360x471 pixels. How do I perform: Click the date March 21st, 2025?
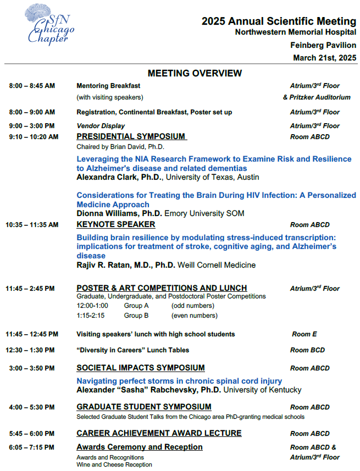pos(324,58)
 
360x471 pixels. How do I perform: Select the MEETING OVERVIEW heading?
pos(195,73)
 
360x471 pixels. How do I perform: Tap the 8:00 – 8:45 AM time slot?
pos(32,86)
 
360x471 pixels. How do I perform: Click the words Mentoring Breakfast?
pos(108,86)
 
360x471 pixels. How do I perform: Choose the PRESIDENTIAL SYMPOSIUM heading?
pos(131,136)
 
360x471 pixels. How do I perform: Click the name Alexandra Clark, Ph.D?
pos(119,177)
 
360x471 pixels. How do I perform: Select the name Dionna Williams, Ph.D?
pos(118,213)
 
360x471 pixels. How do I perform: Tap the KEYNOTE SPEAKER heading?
pos(116,224)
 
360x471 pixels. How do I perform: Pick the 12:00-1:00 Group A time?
pos(92,306)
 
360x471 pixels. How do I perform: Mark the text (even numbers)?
pos(194,315)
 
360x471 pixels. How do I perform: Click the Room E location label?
pos(304,334)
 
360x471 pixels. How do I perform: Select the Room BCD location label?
pos(307,350)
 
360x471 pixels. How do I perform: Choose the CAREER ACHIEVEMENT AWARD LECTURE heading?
pos(159,433)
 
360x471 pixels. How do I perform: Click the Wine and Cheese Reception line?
pos(114,465)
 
